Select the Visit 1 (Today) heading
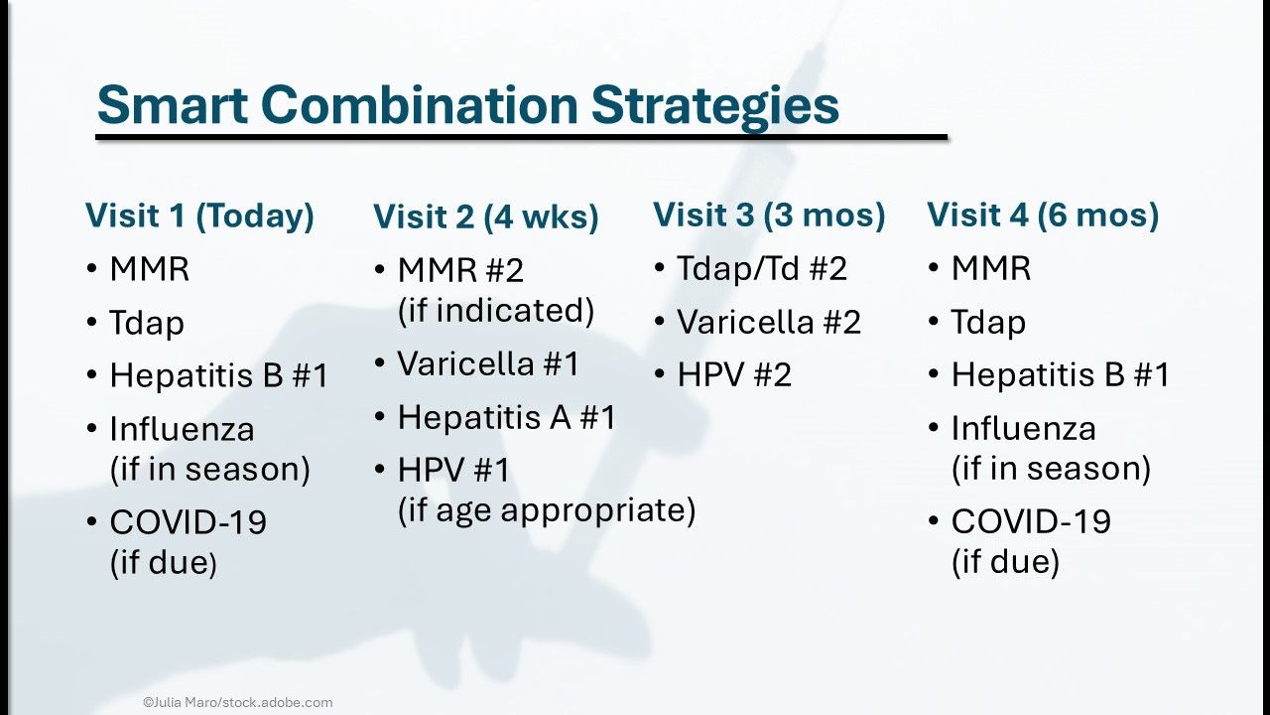coord(199,216)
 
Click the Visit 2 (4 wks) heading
coord(486,217)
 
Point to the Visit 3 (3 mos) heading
coord(769,215)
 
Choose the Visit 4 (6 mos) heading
coord(1043,215)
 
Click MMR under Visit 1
coord(149,269)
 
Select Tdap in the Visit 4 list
coord(988,323)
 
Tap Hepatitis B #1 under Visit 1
coord(219,375)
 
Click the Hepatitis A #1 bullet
coord(506,418)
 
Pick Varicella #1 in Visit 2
coord(488,363)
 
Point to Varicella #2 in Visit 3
coord(769,323)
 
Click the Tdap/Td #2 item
coord(762,268)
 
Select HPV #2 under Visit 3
coord(734,375)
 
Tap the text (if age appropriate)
coord(547,510)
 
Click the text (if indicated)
coord(496,311)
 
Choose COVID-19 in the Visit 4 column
coord(1031,521)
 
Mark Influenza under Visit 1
coord(182,429)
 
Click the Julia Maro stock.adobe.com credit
coord(237,702)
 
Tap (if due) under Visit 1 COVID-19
coord(164,563)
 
